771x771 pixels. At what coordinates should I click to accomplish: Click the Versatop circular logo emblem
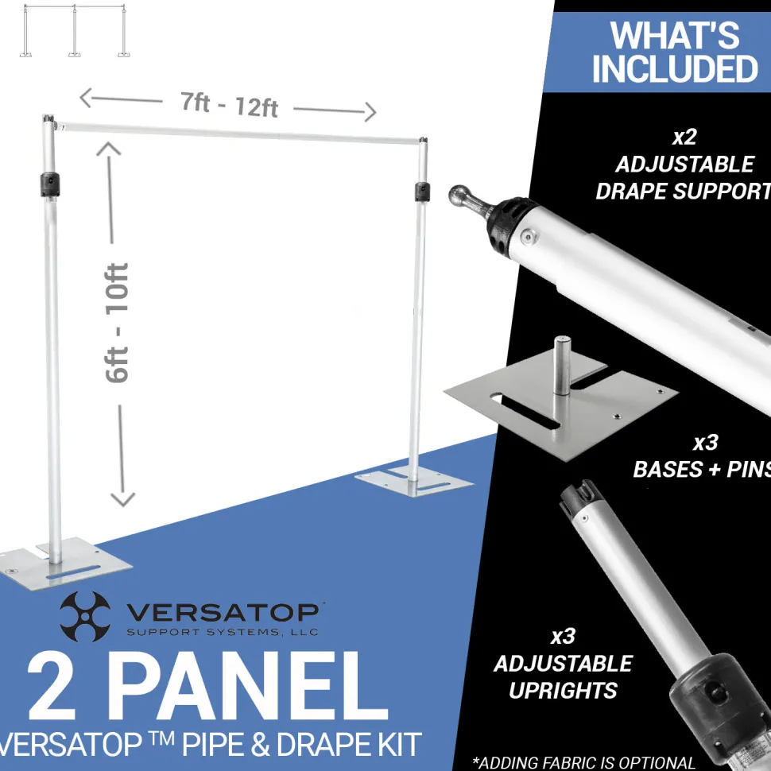pyautogui.click(x=84, y=616)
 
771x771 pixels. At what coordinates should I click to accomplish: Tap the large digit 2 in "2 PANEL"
pyautogui.click(x=52, y=686)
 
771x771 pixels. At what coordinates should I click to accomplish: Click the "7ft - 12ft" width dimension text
pyautogui.click(x=229, y=105)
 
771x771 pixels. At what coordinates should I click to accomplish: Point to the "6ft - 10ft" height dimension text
pyautogui.click(x=117, y=323)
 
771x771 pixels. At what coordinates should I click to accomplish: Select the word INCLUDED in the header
pyautogui.click(x=675, y=69)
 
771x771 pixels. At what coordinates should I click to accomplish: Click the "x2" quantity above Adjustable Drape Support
pyautogui.click(x=684, y=138)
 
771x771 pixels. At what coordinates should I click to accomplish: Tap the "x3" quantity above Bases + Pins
pyautogui.click(x=706, y=443)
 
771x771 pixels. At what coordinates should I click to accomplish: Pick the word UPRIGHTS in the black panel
pyautogui.click(x=563, y=691)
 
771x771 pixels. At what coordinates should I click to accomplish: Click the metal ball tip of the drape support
pyautogui.click(x=459, y=196)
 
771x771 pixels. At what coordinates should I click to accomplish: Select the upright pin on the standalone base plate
pyautogui.click(x=562, y=365)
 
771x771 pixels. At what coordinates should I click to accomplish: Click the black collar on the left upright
pyautogui.click(x=49, y=184)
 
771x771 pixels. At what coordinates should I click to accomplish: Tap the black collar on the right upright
pyautogui.click(x=422, y=192)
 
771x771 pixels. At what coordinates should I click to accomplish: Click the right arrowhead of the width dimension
pyautogui.click(x=371, y=112)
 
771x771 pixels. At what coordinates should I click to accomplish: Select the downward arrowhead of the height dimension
pyautogui.click(x=122, y=498)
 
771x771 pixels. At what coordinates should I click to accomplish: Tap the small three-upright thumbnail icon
pyautogui.click(x=75, y=30)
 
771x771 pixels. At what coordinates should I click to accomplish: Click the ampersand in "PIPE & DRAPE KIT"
pyautogui.click(x=260, y=745)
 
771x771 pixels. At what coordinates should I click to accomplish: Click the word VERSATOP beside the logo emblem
pyautogui.click(x=223, y=612)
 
